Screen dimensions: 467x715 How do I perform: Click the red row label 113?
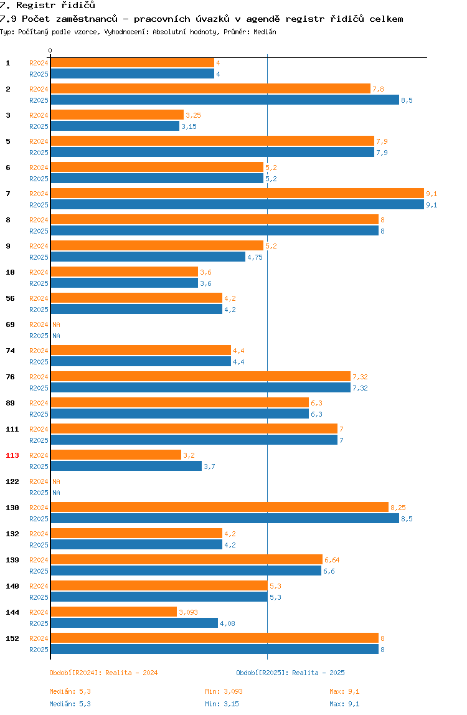tap(12, 455)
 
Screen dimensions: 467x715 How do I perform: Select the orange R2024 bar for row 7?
tap(237, 193)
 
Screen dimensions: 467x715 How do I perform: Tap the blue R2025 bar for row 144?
tap(134, 623)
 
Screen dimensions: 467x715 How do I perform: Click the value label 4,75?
tap(255, 257)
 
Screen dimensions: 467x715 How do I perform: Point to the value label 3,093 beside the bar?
tap(188, 612)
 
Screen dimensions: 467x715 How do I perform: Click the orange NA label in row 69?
tap(56, 324)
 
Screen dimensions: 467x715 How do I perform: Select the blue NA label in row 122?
tap(56, 493)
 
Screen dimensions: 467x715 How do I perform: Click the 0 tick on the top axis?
tap(50, 50)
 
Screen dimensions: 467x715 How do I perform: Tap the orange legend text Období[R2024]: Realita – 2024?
tap(103, 673)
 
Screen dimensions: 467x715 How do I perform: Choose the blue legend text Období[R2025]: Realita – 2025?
tap(291, 673)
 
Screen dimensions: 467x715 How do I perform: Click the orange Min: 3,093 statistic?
tap(224, 691)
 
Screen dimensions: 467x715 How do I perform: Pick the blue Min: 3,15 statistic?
tap(222, 704)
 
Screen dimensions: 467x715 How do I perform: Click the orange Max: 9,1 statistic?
tap(344, 691)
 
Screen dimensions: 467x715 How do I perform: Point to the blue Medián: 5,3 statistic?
tap(70, 704)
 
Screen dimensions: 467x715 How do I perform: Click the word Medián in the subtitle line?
tap(265, 32)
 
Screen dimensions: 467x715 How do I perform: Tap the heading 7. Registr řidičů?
tap(48, 6)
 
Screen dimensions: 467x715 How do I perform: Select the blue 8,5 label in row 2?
tap(407, 100)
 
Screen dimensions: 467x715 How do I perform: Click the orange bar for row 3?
tap(117, 115)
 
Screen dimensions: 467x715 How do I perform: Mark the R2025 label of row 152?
tap(39, 650)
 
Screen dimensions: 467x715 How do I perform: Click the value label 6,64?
tap(332, 560)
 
